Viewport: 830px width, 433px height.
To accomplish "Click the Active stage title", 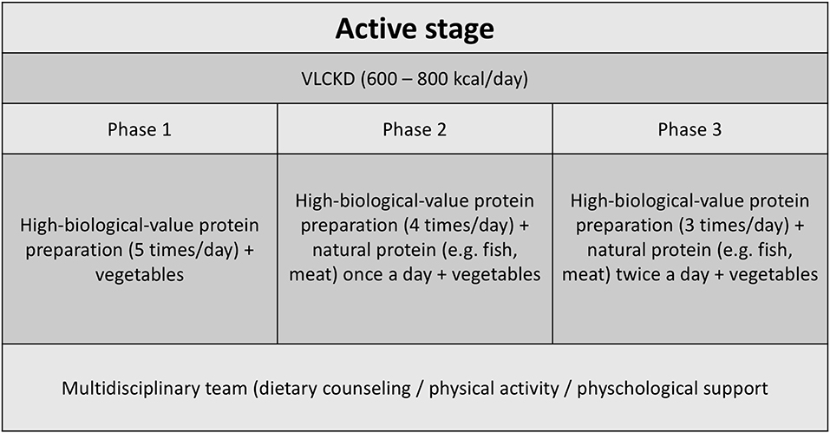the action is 415,30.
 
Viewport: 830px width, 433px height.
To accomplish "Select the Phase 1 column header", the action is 140,129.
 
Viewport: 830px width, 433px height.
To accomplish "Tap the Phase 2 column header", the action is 415,129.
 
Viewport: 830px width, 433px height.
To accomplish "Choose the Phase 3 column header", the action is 689,129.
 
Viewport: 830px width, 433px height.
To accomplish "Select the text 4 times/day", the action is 460,226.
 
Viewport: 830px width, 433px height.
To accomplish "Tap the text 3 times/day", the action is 735,226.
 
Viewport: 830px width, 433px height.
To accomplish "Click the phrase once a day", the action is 388,275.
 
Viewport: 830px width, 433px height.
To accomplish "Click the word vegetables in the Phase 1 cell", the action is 140,275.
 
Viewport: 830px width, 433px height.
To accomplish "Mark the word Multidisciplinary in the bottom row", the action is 154,389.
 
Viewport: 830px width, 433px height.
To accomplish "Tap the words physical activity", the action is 493,389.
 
